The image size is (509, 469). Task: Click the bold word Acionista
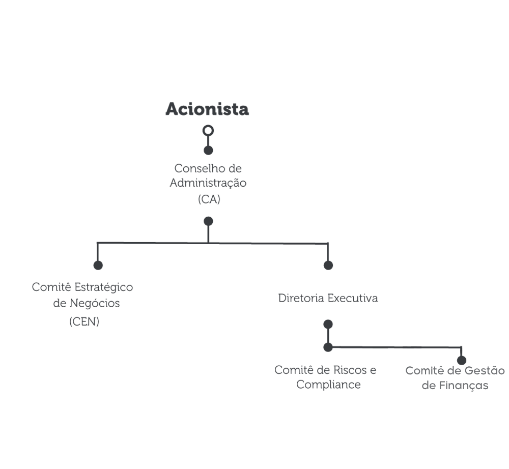[x=207, y=109]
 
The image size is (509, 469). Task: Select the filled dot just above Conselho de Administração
[x=208, y=151]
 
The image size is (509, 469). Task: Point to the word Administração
[x=208, y=183]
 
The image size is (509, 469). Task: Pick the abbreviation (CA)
[x=209, y=199]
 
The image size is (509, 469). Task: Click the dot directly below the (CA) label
[x=208, y=221]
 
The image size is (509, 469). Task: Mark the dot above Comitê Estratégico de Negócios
[x=98, y=266]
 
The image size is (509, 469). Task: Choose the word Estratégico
[x=103, y=287]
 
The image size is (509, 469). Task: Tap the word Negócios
[x=95, y=303]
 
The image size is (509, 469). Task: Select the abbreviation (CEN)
[x=84, y=321]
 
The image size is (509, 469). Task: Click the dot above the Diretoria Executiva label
[x=328, y=266]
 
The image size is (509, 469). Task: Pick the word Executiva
[x=353, y=298]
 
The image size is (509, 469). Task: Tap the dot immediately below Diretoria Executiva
[x=328, y=324]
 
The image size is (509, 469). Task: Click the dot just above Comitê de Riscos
[x=328, y=347]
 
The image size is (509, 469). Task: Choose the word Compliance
[x=328, y=385]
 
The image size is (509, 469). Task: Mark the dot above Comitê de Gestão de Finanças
[x=462, y=360]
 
